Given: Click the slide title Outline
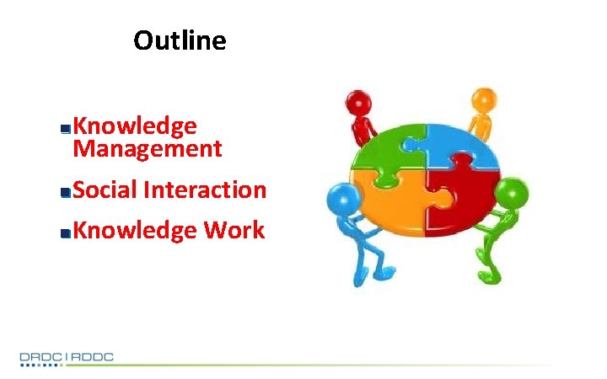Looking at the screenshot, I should point(180,40).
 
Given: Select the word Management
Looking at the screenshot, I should point(148,150).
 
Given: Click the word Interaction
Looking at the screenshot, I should point(205,190).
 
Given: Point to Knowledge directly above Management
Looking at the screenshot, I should point(135,126).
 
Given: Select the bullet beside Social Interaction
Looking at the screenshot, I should point(65,192).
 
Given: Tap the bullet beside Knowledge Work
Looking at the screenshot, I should point(65,232).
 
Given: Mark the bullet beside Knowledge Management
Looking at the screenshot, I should point(65,129).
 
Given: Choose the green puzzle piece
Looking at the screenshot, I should point(389,152).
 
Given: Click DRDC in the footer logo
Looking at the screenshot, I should point(41,358).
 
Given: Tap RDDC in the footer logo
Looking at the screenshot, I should point(92,358).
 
